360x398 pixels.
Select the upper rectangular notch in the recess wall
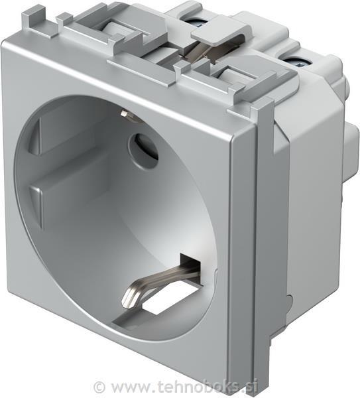[x=34, y=137]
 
